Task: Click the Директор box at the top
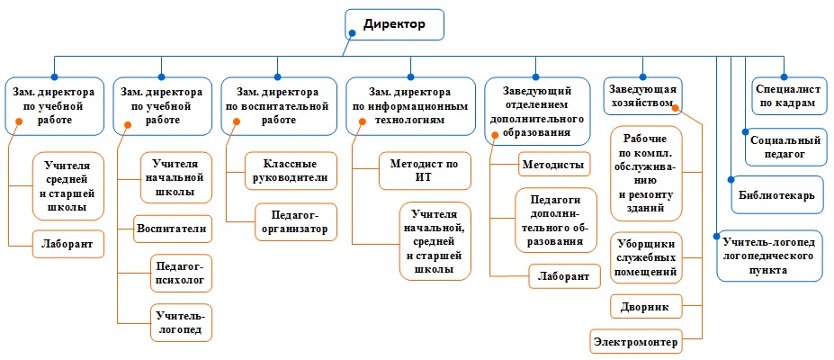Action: pyautogui.click(x=394, y=24)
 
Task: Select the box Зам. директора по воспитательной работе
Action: pyautogui.click(x=279, y=106)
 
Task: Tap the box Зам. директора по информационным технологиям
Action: pyautogui.click(x=409, y=106)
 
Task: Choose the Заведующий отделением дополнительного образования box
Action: pyautogui.click(x=538, y=111)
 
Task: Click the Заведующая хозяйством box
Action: pyautogui.click(x=643, y=95)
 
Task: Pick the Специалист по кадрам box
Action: pyautogui.click(x=786, y=95)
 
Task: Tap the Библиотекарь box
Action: pyautogui.click(x=777, y=194)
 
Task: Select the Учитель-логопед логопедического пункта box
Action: pyautogui.click(x=769, y=256)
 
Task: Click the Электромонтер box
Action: pyautogui.click(x=636, y=341)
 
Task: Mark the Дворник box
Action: pyautogui.click(x=646, y=307)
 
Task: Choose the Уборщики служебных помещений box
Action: pyautogui.click(x=646, y=258)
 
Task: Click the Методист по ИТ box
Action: pyautogui.click(x=425, y=171)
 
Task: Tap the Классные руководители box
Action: pyautogui.click(x=291, y=171)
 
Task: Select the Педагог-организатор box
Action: pyautogui.click(x=296, y=221)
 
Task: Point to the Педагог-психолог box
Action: pyautogui.click(x=182, y=274)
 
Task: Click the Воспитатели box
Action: pyautogui.click(x=173, y=229)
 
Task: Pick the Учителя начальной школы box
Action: pyautogui.click(x=176, y=177)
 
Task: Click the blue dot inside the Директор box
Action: pyautogui.click(x=352, y=33)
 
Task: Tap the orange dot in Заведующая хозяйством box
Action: pyautogui.click(x=676, y=108)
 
